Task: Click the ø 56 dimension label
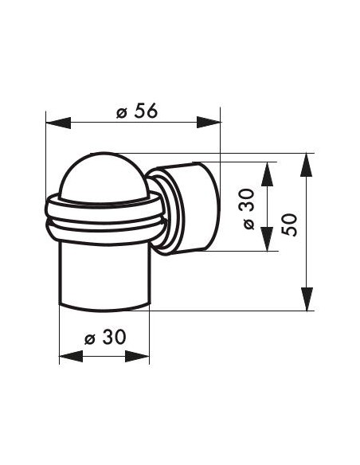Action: click(x=137, y=111)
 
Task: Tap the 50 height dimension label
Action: click(x=289, y=225)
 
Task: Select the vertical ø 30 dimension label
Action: click(x=248, y=209)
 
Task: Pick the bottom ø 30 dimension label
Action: click(x=105, y=337)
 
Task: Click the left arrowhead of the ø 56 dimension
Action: click(x=58, y=123)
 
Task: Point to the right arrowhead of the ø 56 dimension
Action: click(x=209, y=122)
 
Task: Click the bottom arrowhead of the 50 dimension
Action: click(x=307, y=299)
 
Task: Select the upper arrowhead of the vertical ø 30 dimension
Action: click(x=267, y=174)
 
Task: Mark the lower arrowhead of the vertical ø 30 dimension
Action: click(x=267, y=239)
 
